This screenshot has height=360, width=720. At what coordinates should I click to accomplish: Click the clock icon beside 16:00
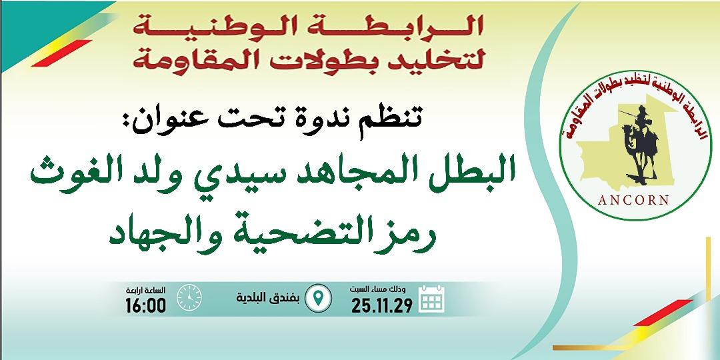point(189,297)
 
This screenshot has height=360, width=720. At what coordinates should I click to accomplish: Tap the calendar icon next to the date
point(431,299)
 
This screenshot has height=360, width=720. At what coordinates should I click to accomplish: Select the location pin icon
point(318,298)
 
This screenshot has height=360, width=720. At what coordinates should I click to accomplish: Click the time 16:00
point(145,305)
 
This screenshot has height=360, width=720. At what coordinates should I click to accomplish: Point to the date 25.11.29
point(381,305)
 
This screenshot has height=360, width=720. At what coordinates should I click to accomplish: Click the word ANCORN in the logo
point(634,200)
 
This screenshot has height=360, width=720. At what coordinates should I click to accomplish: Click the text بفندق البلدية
point(268,298)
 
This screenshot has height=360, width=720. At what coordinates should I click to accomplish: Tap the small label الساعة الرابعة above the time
point(145,291)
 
